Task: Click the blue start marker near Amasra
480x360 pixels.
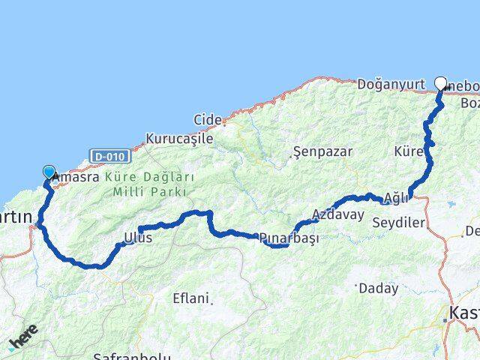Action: pos(49,172)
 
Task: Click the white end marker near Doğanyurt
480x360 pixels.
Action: pos(440,83)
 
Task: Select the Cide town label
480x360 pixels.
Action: pos(207,119)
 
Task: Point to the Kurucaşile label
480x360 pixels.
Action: pos(179,139)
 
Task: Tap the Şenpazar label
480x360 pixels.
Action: pos(323,151)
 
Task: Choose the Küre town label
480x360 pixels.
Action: pos(408,151)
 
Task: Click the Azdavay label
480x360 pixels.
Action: pos(338,214)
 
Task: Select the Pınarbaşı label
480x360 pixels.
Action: pos(289,238)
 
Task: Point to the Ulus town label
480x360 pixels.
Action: pos(138,238)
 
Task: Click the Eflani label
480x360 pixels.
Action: pos(190,298)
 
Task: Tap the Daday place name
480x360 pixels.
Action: pos(379,288)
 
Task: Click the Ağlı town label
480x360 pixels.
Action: pos(395,198)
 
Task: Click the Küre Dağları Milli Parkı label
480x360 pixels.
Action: pos(149,184)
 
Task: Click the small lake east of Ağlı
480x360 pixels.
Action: pos(451,203)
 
